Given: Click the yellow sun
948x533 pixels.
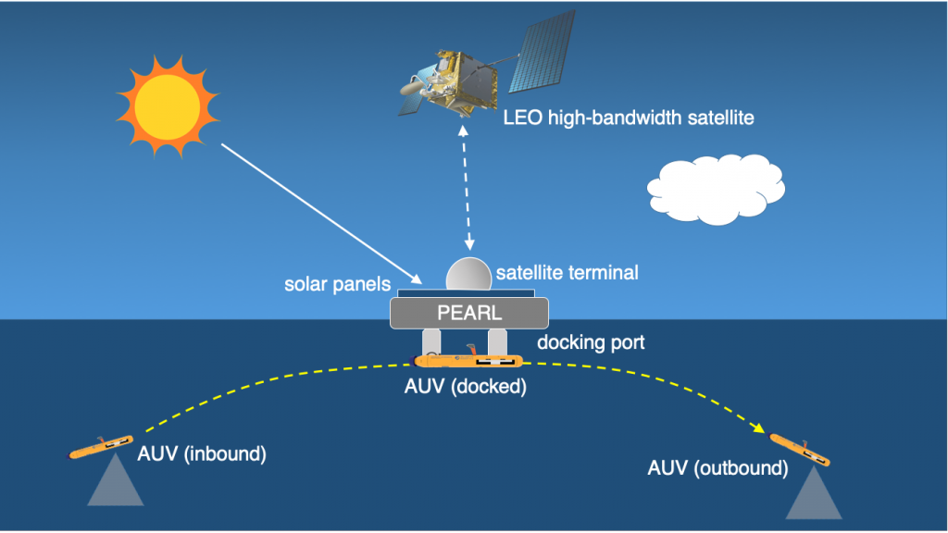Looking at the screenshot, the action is pyautogui.click(x=168, y=107).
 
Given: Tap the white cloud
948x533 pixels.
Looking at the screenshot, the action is pyautogui.click(x=716, y=189).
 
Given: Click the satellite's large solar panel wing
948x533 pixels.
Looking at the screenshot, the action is pyautogui.click(x=542, y=52).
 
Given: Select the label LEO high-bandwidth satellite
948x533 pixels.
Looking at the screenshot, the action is pyautogui.click(x=629, y=118).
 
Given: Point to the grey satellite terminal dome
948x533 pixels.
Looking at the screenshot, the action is pyautogui.click(x=468, y=274).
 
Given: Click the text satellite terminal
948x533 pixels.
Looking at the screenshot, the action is pyautogui.click(x=568, y=273).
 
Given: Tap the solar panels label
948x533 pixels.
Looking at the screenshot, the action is pyautogui.click(x=337, y=284).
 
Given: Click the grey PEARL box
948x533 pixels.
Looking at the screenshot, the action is pyautogui.click(x=469, y=313).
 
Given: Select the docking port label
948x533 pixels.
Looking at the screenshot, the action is pyautogui.click(x=591, y=342).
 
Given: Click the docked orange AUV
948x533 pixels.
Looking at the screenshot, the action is pyautogui.click(x=468, y=360).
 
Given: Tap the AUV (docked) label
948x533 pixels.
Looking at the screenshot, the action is pyautogui.click(x=465, y=386).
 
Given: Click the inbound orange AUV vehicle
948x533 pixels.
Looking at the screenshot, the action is pyautogui.click(x=100, y=447).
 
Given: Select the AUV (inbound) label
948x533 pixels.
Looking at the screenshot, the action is pyautogui.click(x=202, y=453).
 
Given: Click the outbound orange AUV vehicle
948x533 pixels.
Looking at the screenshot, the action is pyautogui.click(x=799, y=450).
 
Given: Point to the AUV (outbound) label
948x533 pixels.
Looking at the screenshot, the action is pyautogui.click(x=717, y=467).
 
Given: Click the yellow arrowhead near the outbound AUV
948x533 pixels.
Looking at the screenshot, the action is pyautogui.click(x=758, y=428).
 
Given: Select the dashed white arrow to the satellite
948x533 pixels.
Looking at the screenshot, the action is pyautogui.click(x=467, y=187).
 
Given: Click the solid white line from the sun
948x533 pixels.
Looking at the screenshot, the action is pyautogui.click(x=321, y=214).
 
